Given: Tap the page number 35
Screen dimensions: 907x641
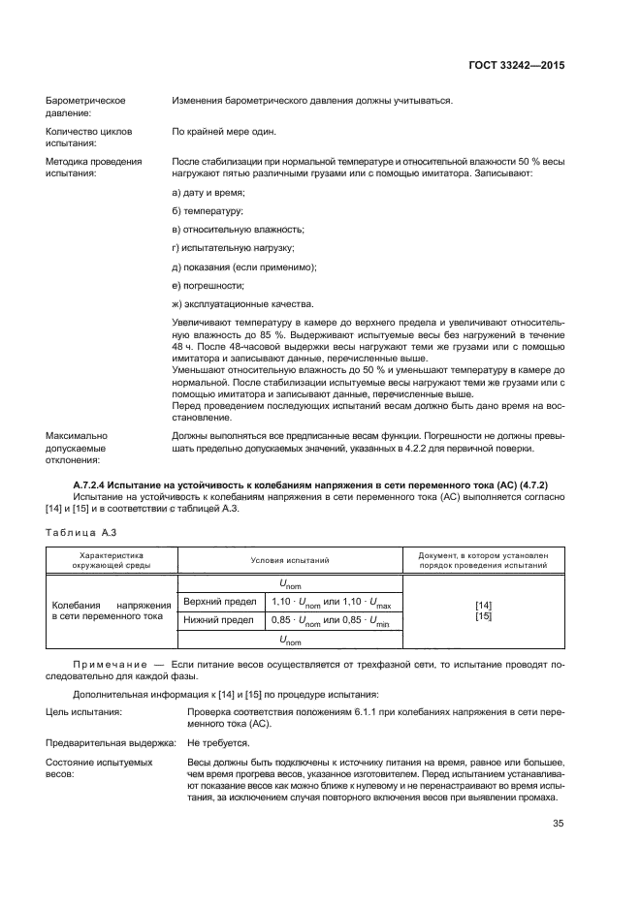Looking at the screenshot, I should [x=558, y=824].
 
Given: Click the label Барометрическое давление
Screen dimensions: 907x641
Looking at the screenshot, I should [x=86, y=107].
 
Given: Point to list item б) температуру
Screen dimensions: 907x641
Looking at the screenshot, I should [x=207, y=211].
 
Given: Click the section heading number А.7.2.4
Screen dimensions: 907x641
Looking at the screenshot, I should [x=95, y=484].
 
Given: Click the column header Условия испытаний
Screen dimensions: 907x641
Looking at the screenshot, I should [x=290, y=560].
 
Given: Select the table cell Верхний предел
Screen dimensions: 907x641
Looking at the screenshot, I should [x=214, y=604].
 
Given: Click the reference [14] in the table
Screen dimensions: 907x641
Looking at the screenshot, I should [x=484, y=606].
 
